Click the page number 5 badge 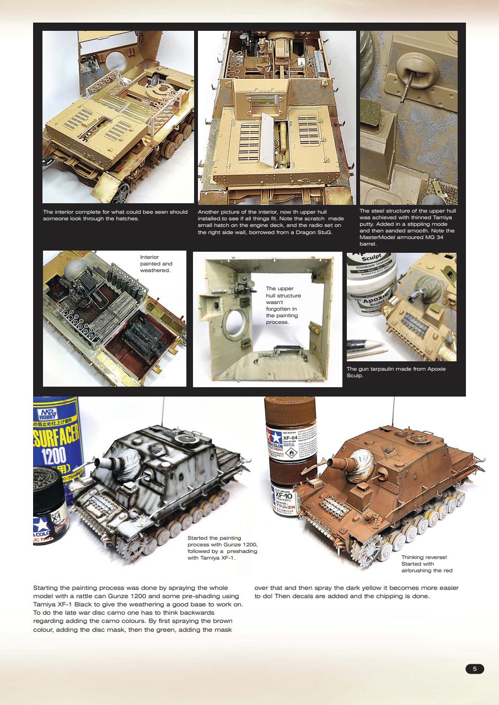coord(475,669)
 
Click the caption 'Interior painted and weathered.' coord(156,263)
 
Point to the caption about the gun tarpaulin coord(395,372)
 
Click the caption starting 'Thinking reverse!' coord(426,564)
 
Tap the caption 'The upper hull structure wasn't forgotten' coord(282,305)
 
